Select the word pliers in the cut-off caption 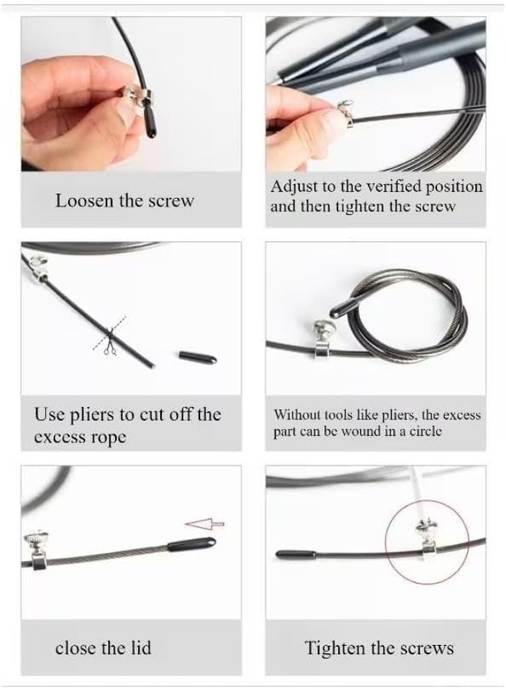coord(92,415)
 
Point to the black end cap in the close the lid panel coord(192,547)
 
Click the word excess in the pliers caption coord(58,438)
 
